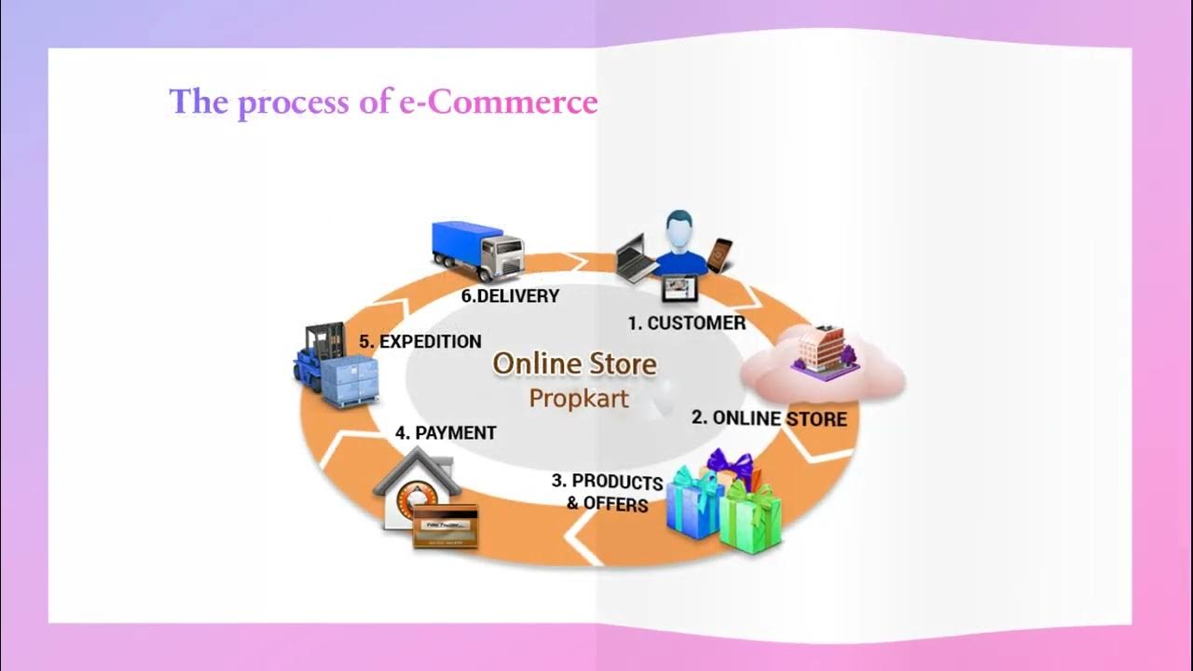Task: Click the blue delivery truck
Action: (x=477, y=249)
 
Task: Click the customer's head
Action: (x=681, y=229)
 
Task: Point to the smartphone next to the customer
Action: (x=719, y=255)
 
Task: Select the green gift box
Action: (x=751, y=517)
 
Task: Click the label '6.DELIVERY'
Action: (x=510, y=296)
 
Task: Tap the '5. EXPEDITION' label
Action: (x=420, y=342)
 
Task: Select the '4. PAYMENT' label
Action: (x=446, y=433)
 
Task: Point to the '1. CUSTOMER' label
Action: (x=686, y=323)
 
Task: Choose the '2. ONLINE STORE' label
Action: (x=769, y=418)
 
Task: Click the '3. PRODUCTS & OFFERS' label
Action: (x=607, y=492)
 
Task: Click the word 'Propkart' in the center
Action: (x=579, y=398)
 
